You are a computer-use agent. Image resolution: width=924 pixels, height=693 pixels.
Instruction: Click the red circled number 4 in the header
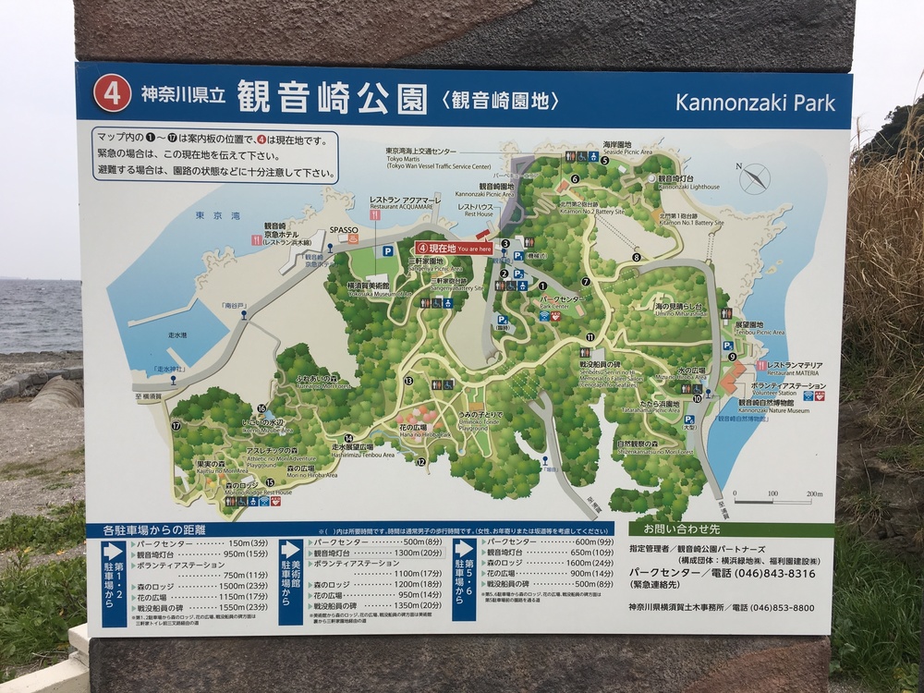(x=112, y=95)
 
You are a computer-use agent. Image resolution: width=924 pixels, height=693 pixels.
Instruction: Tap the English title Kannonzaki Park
(x=755, y=101)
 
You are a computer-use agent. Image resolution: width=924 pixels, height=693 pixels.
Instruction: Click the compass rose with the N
(x=754, y=177)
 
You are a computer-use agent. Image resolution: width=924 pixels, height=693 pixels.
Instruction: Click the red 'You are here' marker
(x=453, y=248)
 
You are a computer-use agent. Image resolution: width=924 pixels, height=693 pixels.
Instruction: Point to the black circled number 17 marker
(x=176, y=426)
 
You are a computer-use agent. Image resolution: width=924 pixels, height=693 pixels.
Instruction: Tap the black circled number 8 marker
(x=636, y=257)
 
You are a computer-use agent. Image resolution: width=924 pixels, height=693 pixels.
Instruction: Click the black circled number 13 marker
(x=407, y=381)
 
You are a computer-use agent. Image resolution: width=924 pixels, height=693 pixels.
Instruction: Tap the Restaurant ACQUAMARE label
(x=399, y=203)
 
